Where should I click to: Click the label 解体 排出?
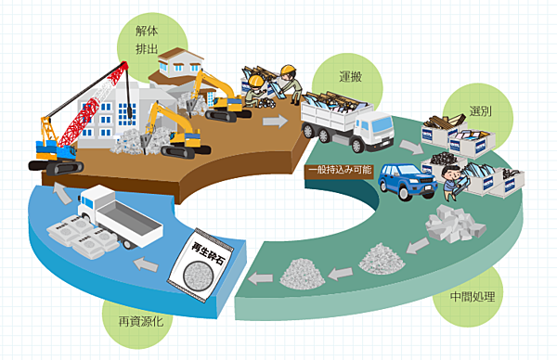click(x=147, y=40)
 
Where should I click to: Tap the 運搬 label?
click(x=350, y=76)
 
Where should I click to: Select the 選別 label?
click(x=480, y=110)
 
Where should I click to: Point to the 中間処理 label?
click(x=473, y=296)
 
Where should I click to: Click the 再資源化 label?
click(x=141, y=321)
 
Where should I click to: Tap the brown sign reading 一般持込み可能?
click(x=340, y=170)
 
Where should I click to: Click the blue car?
click(x=407, y=181)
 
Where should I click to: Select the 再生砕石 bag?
click(x=201, y=265)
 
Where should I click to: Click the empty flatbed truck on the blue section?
click(x=119, y=216)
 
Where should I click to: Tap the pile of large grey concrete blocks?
click(x=455, y=224)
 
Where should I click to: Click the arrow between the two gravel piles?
click(x=340, y=274)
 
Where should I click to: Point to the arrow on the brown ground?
click(x=276, y=121)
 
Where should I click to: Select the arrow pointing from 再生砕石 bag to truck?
click(x=146, y=264)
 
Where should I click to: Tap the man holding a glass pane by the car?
click(x=453, y=182)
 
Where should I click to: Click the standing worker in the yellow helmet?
click(x=292, y=84)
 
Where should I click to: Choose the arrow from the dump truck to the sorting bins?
click(x=411, y=147)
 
